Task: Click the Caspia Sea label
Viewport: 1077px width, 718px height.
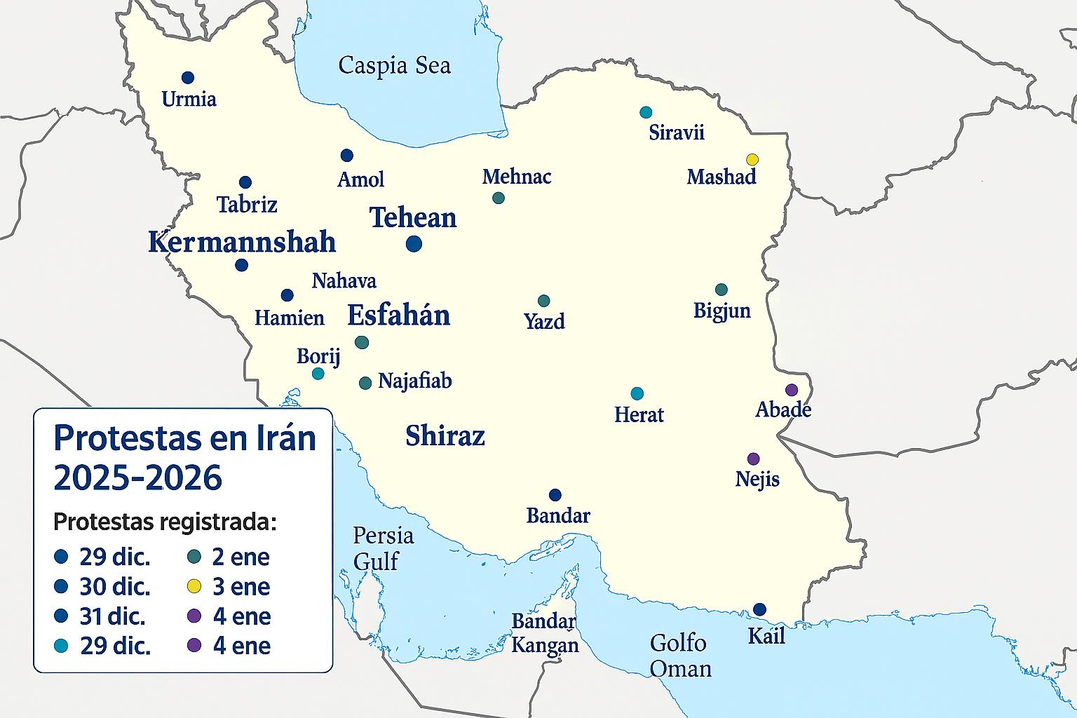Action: click(x=394, y=66)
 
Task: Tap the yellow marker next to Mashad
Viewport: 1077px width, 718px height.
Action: click(x=752, y=159)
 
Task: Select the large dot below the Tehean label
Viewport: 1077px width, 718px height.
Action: click(x=414, y=244)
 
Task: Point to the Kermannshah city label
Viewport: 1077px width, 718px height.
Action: click(x=242, y=243)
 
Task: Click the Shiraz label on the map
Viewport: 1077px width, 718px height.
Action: click(x=445, y=436)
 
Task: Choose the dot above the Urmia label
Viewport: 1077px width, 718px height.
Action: click(x=187, y=78)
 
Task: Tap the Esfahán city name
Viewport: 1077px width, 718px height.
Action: click(x=398, y=316)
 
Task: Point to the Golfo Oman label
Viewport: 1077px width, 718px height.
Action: click(x=679, y=656)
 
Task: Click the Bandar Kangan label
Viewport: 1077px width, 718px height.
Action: click(x=545, y=633)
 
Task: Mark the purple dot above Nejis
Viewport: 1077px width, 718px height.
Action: click(x=753, y=459)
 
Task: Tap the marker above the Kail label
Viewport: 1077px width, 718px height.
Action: click(x=759, y=609)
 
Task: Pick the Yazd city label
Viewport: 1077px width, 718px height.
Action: click(x=544, y=322)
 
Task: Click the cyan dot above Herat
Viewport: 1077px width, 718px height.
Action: click(x=637, y=393)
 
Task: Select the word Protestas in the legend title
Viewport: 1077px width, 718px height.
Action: click(x=126, y=438)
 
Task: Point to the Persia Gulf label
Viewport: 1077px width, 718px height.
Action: click(x=382, y=548)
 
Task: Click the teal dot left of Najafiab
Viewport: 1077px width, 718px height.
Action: click(x=365, y=383)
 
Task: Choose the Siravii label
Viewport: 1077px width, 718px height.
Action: click(x=676, y=133)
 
